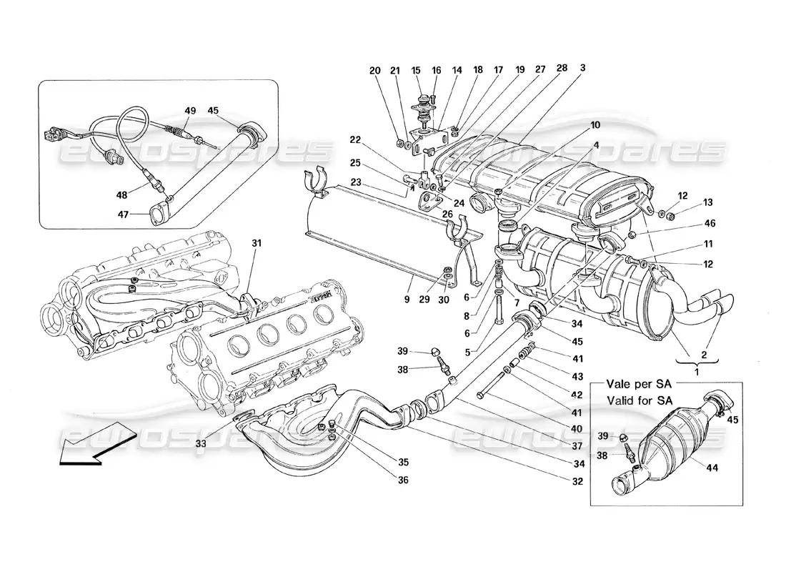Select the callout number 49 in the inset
(x=190, y=111)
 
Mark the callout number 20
(x=375, y=70)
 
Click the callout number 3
(x=583, y=69)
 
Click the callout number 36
(x=403, y=480)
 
